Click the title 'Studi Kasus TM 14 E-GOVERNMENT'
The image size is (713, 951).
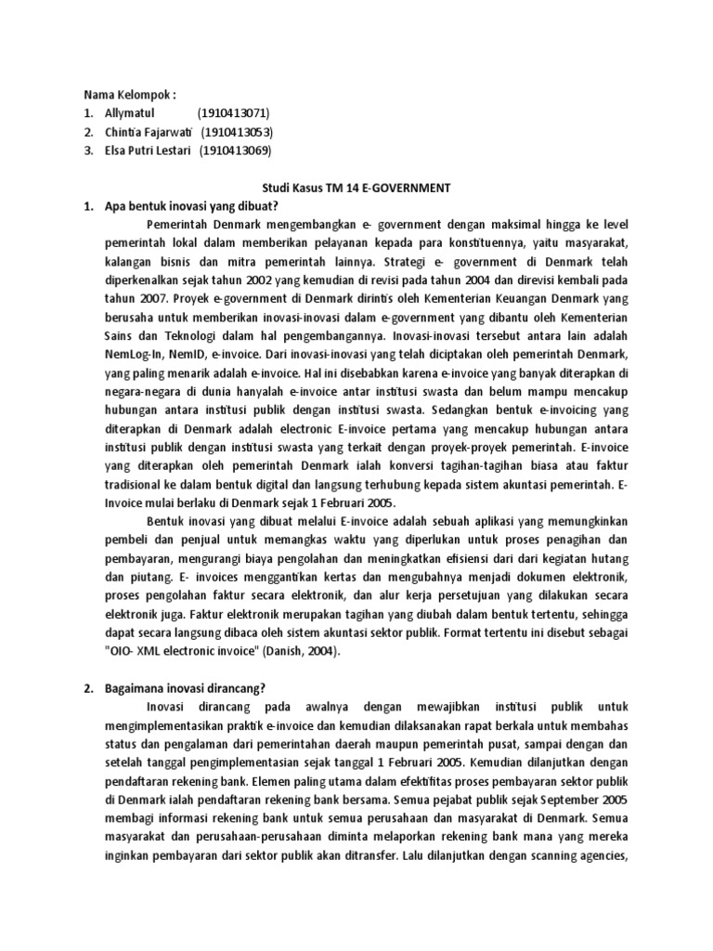356,188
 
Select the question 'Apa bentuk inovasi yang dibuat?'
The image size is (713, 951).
189,206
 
